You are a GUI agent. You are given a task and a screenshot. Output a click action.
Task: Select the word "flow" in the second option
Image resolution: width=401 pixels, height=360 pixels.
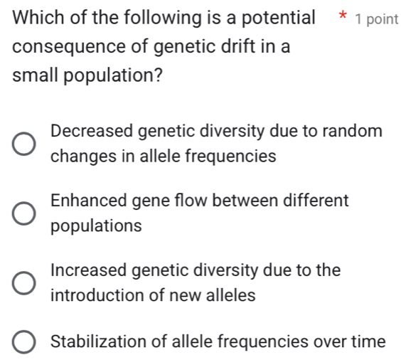tap(187, 201)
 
